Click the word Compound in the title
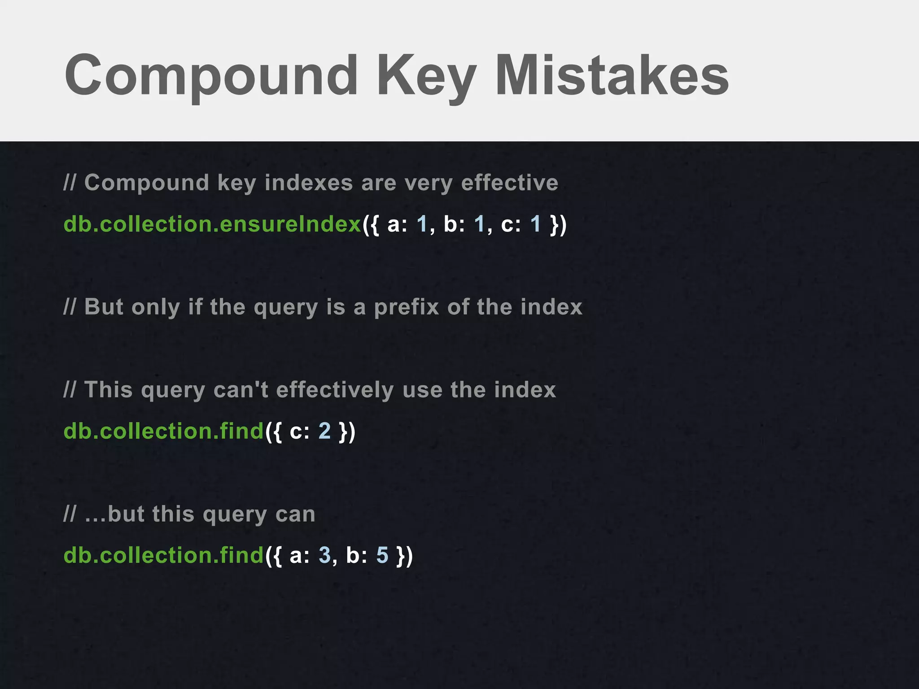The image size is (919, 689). click(211, 75)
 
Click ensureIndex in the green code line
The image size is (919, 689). click(291, 224)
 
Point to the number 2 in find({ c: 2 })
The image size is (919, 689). click(324, 431)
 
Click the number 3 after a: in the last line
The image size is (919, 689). click(324, 555)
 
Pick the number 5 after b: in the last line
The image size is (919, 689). click(382, 555)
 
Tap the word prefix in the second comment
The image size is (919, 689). click(406, 307)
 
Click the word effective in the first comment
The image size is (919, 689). click(509, 183)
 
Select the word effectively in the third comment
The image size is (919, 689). click(335, 389)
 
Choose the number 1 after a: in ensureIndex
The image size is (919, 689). click(422, 224)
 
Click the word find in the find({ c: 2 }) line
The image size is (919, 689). click(241, 431)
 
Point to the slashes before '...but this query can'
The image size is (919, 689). click(70, 514)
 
